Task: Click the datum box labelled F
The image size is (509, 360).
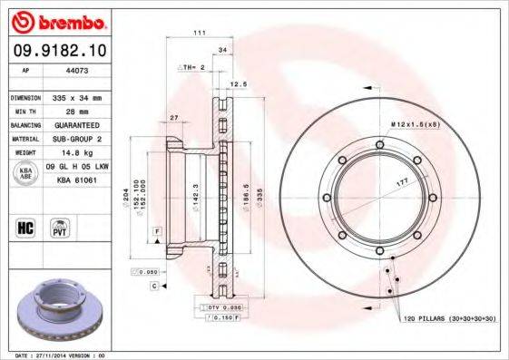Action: (x=158, y=233)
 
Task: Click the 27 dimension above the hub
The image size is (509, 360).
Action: (x=173, y=117)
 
